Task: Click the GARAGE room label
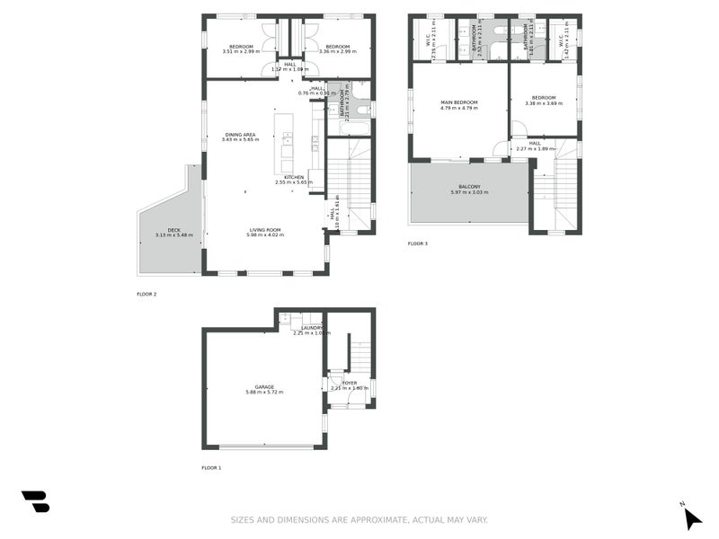(263, 386)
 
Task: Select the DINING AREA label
(240, 135)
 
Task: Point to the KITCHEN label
(294, 177)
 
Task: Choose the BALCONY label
(467, 187)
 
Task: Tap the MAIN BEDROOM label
(458, 102)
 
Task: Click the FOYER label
(349, 383)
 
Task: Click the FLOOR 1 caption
(211, 468)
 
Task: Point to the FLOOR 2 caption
(146, 294)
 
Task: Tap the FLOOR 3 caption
(418, 243)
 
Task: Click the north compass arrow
(691, 518)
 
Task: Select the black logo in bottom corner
(35, 501)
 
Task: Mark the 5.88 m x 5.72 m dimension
(263, 393)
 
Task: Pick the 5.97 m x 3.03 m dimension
(467, 193)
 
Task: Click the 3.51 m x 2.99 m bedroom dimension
(240, 51)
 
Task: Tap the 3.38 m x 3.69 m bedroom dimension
(544, 103)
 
